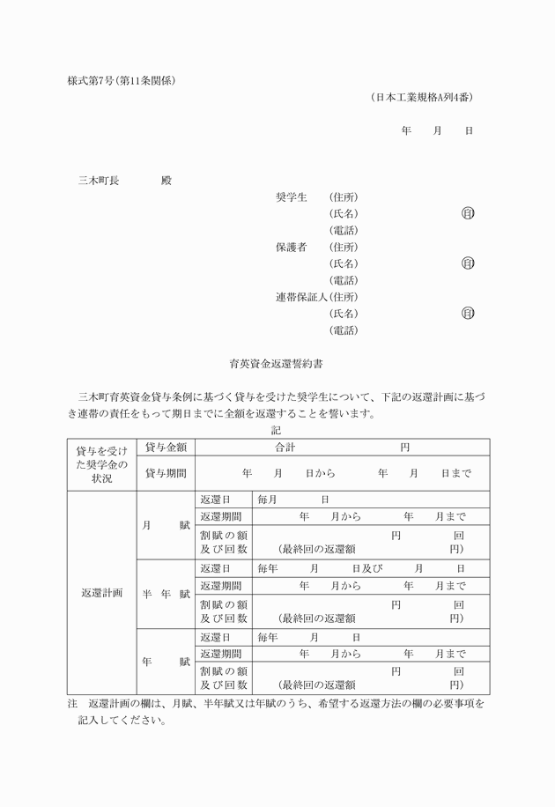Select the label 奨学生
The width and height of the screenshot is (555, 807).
[291, 196]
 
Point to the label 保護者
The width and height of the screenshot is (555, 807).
[291, 247]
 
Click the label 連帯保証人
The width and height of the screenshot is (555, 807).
[301, 297]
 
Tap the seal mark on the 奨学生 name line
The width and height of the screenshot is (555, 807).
[468, 213]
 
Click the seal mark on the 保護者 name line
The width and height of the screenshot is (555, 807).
[468, 263]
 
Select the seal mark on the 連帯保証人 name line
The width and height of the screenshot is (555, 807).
[468, 314]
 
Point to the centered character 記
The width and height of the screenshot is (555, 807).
[277, 430]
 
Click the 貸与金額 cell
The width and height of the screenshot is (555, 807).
[166, 448]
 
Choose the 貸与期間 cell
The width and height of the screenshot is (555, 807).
[166, 473]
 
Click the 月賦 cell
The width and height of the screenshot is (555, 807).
[166, 525]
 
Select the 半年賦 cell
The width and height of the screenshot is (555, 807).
[166, 594]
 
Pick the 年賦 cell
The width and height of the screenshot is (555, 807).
[166, 662]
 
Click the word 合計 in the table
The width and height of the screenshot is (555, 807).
[285, 448]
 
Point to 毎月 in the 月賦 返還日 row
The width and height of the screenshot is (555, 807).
[267, 500]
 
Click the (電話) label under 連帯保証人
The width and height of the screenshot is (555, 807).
[344, 330]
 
